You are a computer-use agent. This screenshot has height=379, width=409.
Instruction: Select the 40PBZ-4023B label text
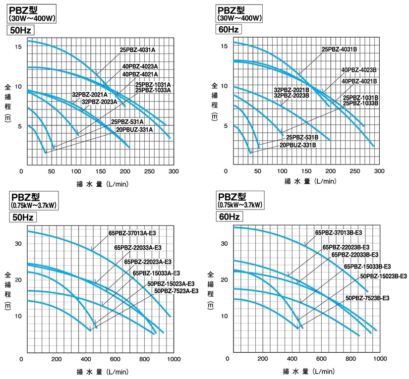359,70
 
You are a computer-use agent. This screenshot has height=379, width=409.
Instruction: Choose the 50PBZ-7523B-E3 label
367,298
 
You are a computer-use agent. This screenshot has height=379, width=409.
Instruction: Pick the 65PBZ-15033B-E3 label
367,266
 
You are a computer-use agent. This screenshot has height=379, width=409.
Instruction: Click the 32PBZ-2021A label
90,95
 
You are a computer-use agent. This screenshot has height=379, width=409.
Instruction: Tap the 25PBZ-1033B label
360,104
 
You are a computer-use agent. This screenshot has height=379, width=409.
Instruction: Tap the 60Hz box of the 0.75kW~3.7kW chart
228,217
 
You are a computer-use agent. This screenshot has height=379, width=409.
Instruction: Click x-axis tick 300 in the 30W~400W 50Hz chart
173,171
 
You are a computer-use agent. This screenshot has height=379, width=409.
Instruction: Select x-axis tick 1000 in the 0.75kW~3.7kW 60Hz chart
380,359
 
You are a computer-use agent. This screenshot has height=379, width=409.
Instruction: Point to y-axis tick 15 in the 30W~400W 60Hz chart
224,46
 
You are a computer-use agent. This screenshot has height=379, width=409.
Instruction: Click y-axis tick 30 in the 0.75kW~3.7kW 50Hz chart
18,244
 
